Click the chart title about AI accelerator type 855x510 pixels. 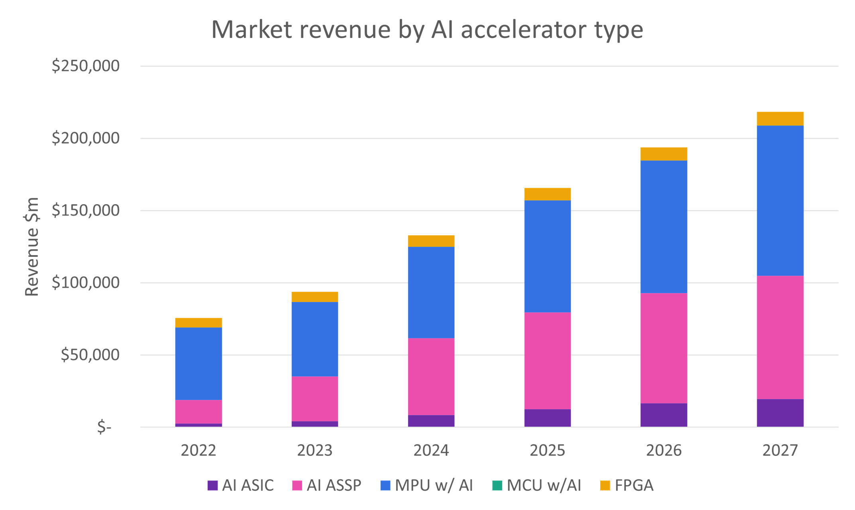(x=427, y=30)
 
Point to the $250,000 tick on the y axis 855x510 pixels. (x=86, y=66)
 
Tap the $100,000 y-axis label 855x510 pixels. (x=86, y=283)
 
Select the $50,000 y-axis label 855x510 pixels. (x=90, y=355)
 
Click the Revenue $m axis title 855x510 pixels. (x=32, y=247)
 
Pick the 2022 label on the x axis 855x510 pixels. (x=199, y=451)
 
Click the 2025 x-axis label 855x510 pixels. (x=547, y=451)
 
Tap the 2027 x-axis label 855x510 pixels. (x=780, y=451)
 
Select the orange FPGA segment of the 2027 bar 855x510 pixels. (x=780, y=119)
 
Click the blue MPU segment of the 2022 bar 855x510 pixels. (x=199, y=364)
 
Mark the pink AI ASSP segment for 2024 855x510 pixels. (x=431, y=377)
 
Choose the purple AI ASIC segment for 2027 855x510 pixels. (x=780, y=413)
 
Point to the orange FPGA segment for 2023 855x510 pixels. (x=314, y=297)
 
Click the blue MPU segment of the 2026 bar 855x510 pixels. (x=664, y=227)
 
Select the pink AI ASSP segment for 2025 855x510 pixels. (x=547, y=361)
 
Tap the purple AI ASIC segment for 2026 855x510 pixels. (x=664, y=415)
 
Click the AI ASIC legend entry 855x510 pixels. (x=241, y=485)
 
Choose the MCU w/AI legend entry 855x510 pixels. (x=537, y=485)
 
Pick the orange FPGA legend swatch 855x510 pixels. (x=605, y=485)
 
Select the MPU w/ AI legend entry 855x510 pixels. (x=427, y=485)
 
